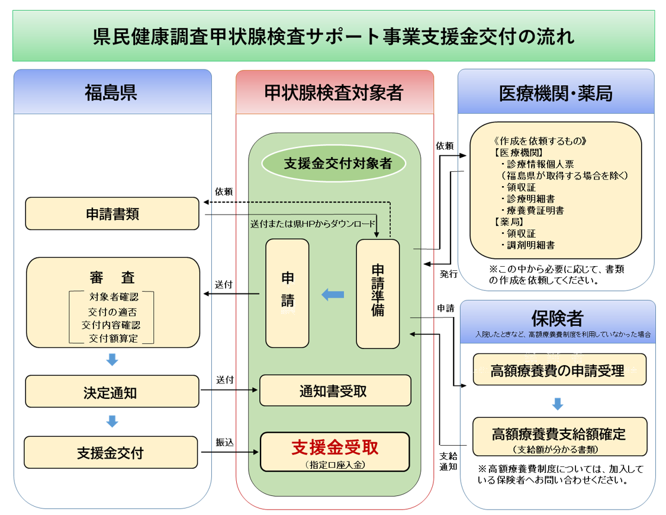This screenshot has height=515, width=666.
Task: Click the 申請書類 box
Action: [x=112, y=214]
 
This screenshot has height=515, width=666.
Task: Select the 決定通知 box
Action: [x=112, y=392]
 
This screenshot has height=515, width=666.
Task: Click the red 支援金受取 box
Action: [x=334, y=452]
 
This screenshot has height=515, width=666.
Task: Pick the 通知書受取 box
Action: [x=335, y=391]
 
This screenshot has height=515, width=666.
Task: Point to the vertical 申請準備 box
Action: [x=378, y=294]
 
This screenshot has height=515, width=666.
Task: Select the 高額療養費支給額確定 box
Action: [x=559, y=437]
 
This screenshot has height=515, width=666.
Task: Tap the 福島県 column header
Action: [x=112, y=92]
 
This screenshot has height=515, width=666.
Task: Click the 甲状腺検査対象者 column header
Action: [x=334, y=92]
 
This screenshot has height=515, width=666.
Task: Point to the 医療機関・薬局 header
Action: [x=556, y=92]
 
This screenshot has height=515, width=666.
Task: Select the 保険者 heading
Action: [x=557, y=318]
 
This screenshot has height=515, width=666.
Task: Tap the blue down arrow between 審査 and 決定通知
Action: [x=112, y=360]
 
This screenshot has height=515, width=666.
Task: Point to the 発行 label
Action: [x=448, y=274]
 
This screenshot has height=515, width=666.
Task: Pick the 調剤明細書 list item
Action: [x=530, y=245]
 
